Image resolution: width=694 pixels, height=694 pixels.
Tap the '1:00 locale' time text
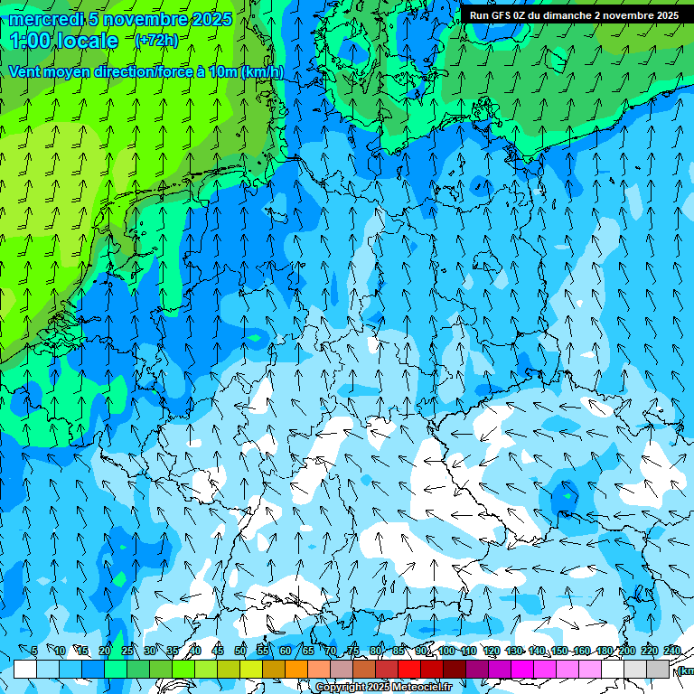(x=64, y=41)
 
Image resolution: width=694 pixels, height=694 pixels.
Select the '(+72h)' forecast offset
(x=155, y=40)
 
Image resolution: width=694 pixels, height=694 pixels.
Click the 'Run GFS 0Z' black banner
(x=574, y=15)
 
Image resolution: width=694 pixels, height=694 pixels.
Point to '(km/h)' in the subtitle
(x=262, y=71)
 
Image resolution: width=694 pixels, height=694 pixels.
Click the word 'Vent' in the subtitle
(x=25, y=71)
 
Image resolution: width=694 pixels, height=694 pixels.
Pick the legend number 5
(x=34, y=651)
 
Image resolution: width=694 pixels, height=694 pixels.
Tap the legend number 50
(x=240, y=651)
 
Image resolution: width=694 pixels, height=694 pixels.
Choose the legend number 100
(x=446, y=651)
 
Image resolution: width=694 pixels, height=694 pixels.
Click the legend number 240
(x=672, y=651)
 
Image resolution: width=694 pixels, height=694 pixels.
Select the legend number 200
(x=627, y=651)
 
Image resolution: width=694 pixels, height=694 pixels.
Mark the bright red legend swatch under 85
(x=409, y=669)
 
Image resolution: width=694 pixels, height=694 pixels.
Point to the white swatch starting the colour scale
(x=25, y=669)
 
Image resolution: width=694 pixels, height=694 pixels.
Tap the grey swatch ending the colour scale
(x=658, y=669)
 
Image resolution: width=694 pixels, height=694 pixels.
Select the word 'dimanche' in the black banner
(x=560, y=15)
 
